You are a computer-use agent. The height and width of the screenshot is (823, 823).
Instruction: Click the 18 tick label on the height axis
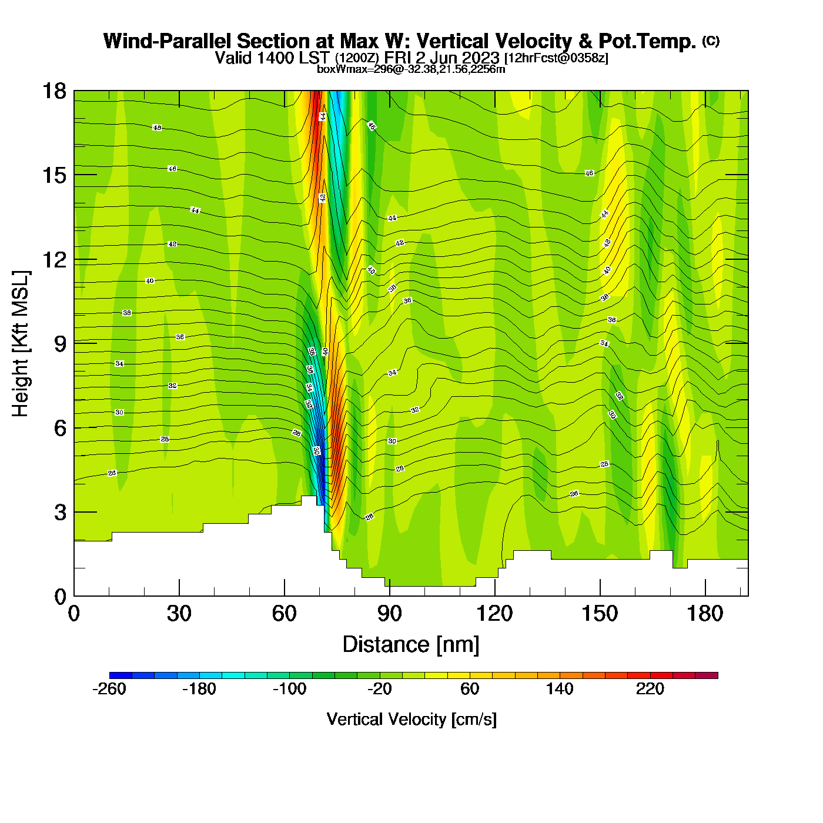(53, 91)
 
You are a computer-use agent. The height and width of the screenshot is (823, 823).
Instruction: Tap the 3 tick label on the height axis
(61, 512)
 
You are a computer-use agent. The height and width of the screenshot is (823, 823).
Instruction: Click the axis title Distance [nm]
(411, 645)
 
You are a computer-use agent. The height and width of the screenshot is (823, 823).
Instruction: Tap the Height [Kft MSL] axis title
(21, 344)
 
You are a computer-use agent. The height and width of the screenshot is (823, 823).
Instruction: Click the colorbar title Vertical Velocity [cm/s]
(411, 720)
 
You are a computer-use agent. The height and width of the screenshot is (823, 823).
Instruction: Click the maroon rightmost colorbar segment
(707, 675)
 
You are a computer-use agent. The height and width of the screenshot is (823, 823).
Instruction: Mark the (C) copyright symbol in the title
(711, 41)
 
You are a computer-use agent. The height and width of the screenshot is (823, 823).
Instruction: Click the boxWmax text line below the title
(411, 69)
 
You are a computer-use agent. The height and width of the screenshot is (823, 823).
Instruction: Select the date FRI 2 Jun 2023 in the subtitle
(441, 58)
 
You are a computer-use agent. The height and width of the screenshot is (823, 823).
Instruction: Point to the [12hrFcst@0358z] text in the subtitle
(556, 58)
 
